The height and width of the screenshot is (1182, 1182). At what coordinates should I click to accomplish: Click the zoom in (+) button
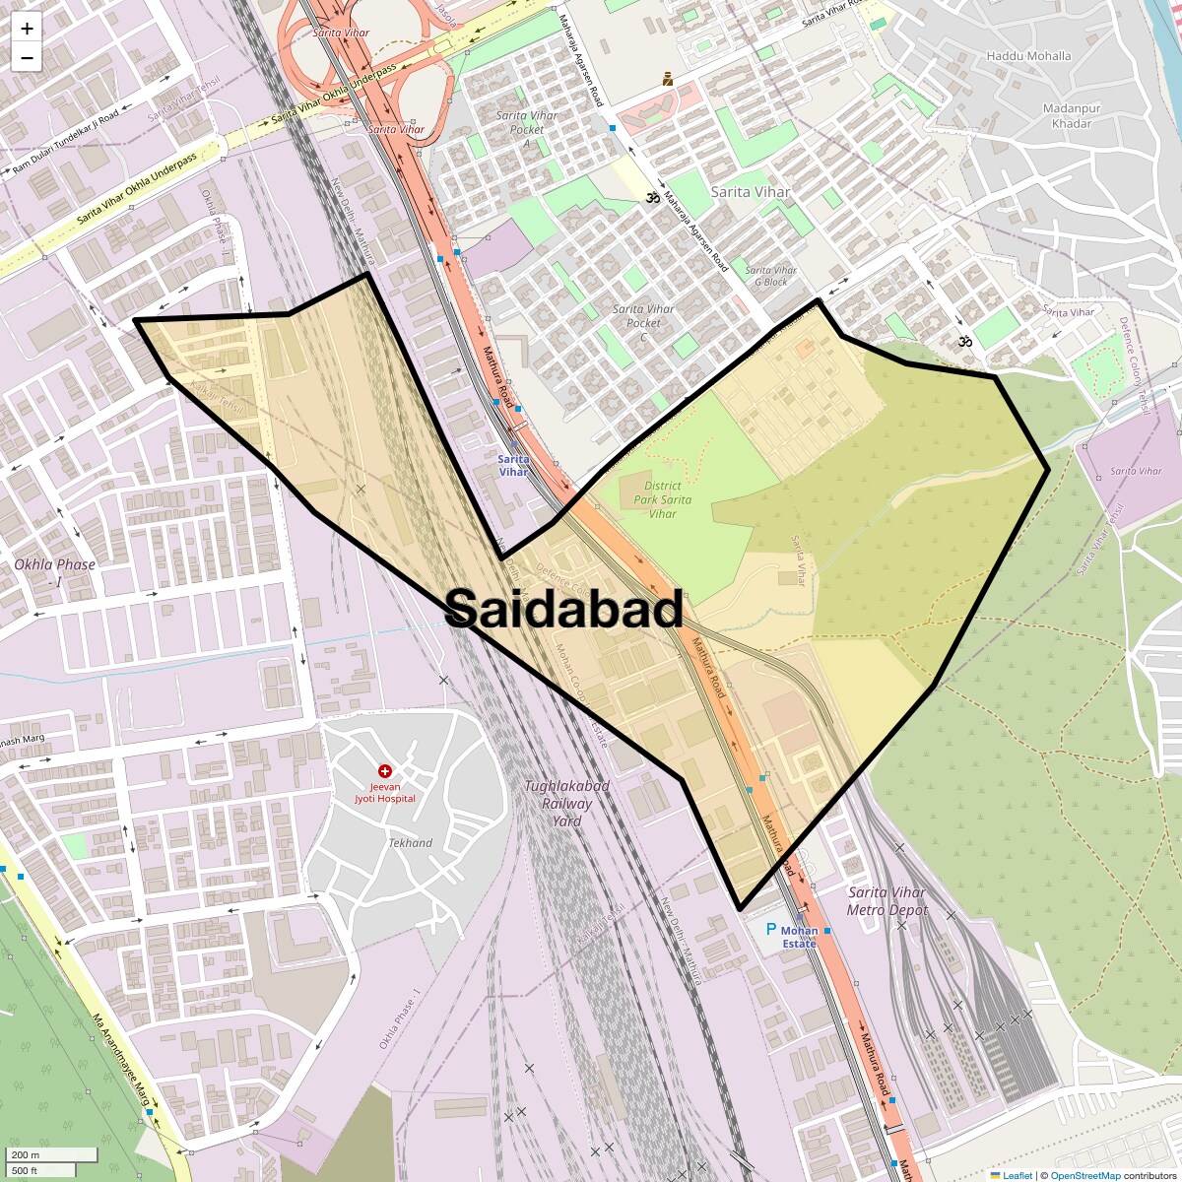click(x=27, y=29)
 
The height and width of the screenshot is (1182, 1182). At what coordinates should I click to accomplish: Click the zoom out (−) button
click(x=27, y=58)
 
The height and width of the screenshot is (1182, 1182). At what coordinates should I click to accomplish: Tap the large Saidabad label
click(x=563, y=609)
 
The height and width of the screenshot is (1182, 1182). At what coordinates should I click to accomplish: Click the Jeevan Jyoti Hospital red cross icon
click(x=385, y=771)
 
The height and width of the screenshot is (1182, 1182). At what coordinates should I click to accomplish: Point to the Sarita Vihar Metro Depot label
click(x=886, y=901)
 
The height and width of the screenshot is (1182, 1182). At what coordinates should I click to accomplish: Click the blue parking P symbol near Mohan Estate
click(x=771, y=929)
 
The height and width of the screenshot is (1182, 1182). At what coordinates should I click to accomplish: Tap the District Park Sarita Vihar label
click(x=662, y=499)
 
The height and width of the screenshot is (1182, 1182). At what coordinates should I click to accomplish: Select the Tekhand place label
click(x=410, y=843)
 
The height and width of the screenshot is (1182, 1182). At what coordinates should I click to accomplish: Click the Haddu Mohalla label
click(x=1028, y=56)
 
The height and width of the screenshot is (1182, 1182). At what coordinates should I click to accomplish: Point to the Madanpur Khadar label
click(x=1071, y=116)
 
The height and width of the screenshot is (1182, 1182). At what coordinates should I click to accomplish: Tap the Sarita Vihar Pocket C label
click(x=643, y=316)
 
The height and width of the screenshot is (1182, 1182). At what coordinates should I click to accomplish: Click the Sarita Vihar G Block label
click(x=771, y=276)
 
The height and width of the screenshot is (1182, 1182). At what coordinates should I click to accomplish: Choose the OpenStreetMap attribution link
click(x=1084, y=1175)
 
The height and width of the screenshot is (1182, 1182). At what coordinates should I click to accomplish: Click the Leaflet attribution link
click(x=1018, y=1175)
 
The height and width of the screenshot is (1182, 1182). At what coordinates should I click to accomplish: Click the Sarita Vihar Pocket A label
click(x=527, y=129)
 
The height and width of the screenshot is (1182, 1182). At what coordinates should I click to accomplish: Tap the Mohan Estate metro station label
click(x=799, y=937)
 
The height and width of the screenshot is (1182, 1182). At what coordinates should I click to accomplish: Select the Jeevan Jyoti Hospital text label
click(x=385, y=792)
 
